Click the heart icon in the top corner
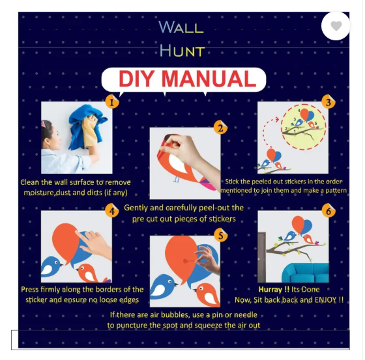click(x=336, y=26)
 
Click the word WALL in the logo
click(x=181, y=27)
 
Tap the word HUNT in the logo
click(x=182, y=51)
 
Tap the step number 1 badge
click(x=112, y=102)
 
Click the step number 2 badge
click(x=220, y=128)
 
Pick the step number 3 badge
click(x=328, y=102)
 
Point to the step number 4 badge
click(x=112, y=210)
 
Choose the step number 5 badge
click(x=220, y=236)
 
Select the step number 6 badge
click(x=328, y=211)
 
